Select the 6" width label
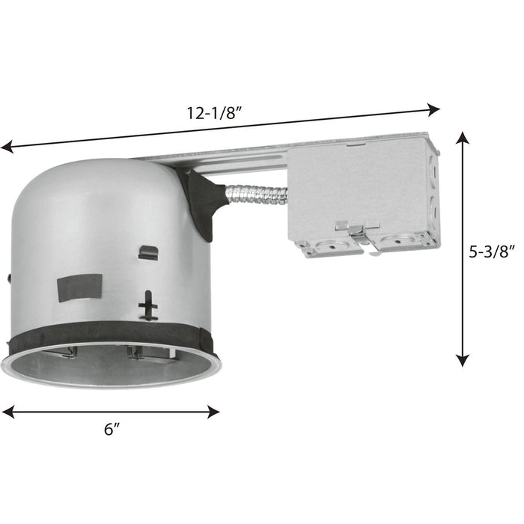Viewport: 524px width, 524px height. pos(112,430)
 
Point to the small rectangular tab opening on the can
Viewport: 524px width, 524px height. pos(147,252)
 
